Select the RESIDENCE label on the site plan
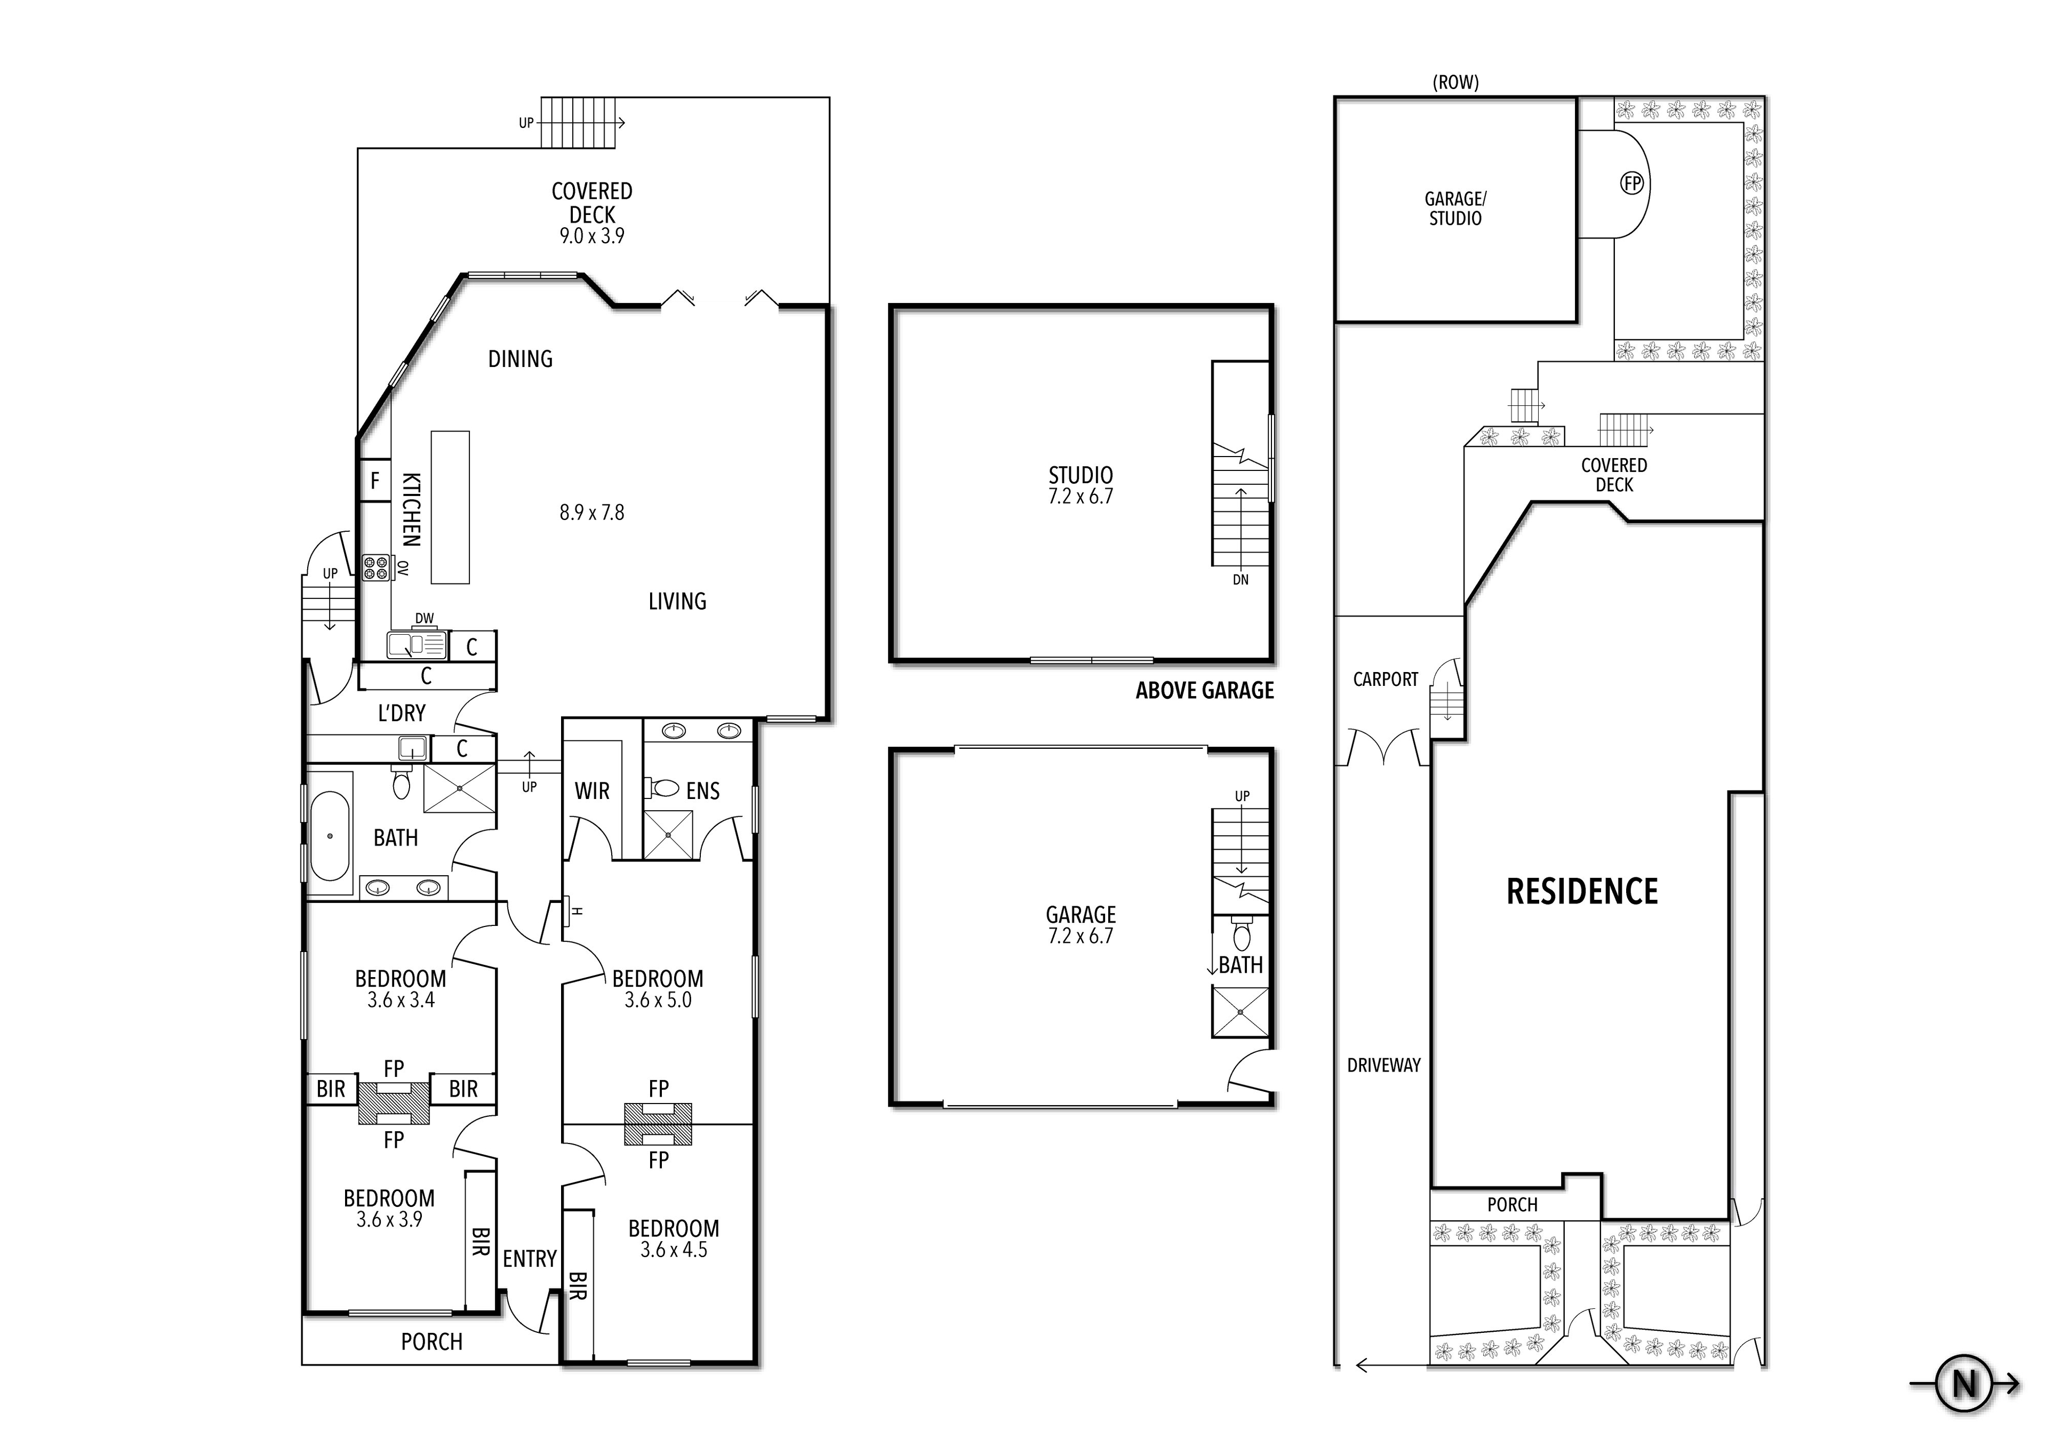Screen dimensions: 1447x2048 [1581, 891]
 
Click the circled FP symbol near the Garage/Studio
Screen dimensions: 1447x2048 [1631, 184]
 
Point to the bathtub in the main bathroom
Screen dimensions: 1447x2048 [330, 836]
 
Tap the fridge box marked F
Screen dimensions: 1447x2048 [374, 481]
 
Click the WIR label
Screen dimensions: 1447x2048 [591, 792]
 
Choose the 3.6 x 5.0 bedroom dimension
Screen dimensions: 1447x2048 [658, 1000]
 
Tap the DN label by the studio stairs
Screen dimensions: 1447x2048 [1240, 580]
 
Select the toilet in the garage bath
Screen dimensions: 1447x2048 [1241, 935]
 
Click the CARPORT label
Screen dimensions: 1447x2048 [1385, 680]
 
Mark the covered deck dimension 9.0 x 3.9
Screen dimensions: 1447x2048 [591, 236]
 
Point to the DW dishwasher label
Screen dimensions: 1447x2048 [425, 618]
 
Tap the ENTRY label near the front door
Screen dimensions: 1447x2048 [529, 1259]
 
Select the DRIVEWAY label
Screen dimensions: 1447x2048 [1383, 1065]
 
